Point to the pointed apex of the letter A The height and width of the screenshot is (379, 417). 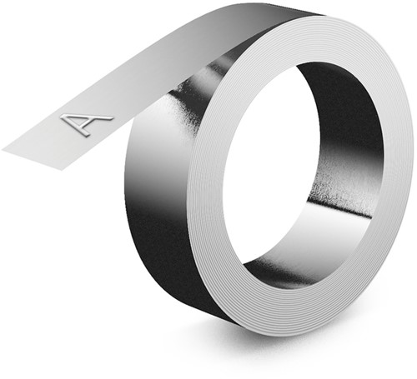[110, 117]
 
